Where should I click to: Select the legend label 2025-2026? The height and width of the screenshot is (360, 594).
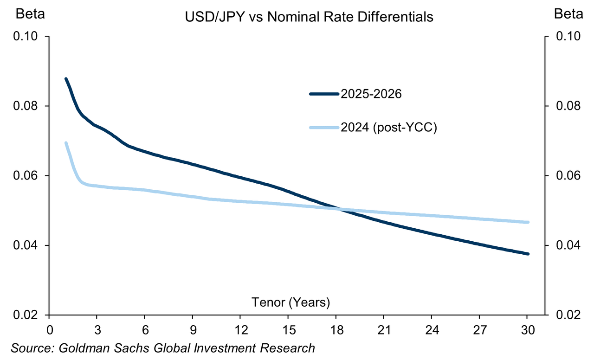[x=371, y=94]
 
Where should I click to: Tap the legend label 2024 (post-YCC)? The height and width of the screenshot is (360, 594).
[x=389, y=128]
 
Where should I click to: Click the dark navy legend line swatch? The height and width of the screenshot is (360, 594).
[x=324, y=94]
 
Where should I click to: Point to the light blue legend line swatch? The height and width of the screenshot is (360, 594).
[x=324, y=128]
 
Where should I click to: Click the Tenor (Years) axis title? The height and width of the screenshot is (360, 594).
[x=291, y=302]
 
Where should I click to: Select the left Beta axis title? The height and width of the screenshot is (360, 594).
[x=30, y=14]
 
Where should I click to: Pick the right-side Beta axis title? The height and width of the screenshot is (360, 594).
[x=568, y=14]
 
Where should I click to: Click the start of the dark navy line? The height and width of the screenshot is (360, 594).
[x=66, y=79]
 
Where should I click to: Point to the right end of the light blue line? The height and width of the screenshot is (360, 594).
[x=527, y=222]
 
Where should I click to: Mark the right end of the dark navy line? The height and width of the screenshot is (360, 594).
[x=527, y=254]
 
